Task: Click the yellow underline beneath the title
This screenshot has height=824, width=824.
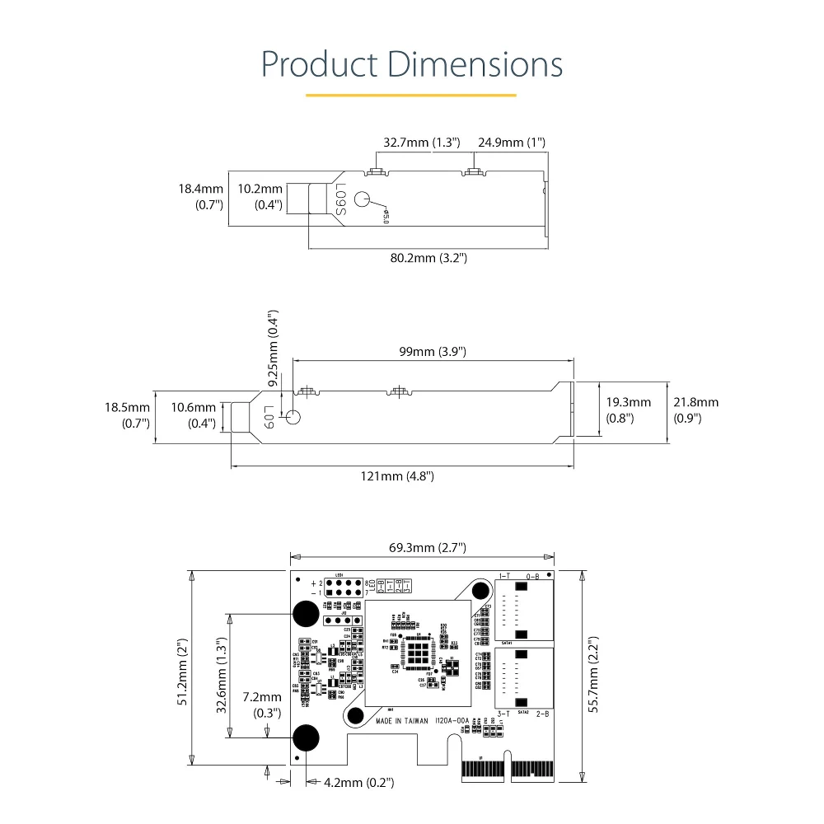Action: click(x=410, y=95)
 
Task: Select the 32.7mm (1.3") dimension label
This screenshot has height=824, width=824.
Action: click(x=421, y=143)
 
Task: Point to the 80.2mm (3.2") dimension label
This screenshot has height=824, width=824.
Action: click(x=428, y=258)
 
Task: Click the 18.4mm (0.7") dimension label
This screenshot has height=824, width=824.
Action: click(x=201, y=197)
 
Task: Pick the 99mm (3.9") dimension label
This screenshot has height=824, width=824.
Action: click(x=433, y=352)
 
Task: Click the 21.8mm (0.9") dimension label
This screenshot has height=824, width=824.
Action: click(x=695, y=410)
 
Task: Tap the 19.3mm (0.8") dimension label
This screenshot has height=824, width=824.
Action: click(x=628, y=410)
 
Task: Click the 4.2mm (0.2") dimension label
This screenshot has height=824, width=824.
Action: click(x=360, y=782)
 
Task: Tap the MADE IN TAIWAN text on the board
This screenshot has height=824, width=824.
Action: click(x=402, y=720)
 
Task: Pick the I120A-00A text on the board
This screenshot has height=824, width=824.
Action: click(x=452, y=720)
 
